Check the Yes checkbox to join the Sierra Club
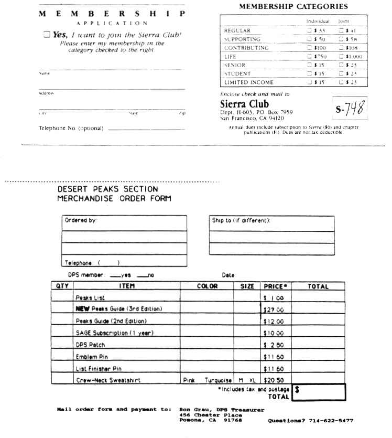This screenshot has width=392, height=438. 47,34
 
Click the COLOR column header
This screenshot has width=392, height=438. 207,286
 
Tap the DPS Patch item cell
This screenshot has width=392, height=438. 91,345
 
